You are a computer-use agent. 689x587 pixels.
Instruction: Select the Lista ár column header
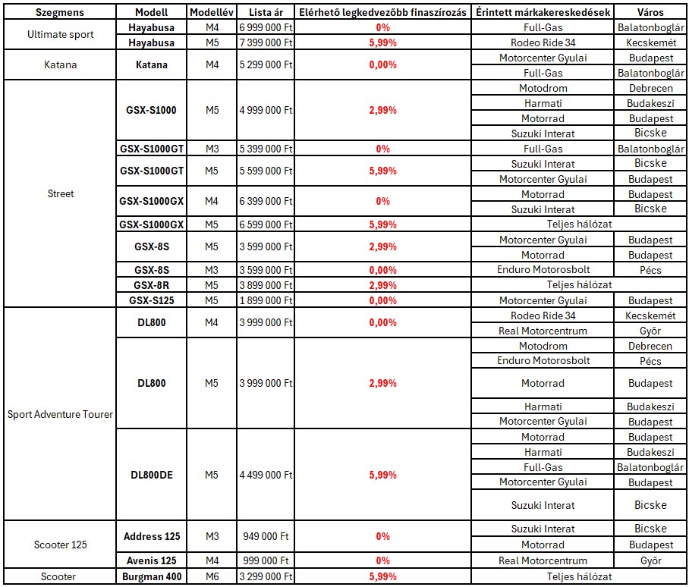[266, 13]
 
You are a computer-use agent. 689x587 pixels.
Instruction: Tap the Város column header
[650, 13]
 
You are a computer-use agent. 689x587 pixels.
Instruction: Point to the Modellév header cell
[211, 13]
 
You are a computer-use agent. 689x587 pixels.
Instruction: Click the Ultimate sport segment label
[61, 35]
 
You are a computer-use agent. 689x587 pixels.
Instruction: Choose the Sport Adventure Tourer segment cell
[61, 414]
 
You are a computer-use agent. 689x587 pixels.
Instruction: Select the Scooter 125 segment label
[61, 545]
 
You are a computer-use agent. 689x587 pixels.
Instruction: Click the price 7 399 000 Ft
[266, 42]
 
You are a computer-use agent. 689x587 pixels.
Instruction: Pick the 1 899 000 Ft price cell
[266, 300]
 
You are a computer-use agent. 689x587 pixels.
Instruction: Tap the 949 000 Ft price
[266, 536]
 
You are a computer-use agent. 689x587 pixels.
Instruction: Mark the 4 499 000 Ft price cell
[266, 475]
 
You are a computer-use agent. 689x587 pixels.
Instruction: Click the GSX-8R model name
[152, 285]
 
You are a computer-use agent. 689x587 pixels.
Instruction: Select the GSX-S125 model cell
[152, 300]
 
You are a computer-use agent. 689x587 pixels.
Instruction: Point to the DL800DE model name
[152, 475]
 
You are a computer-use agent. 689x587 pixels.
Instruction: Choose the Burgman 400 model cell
[152, 577]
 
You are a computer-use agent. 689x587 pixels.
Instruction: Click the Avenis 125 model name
[152, 560]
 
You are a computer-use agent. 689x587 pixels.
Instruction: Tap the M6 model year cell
[211, 577]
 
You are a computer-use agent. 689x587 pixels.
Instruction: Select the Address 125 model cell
[152, 536]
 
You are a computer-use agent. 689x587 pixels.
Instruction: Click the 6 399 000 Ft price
[266, 201]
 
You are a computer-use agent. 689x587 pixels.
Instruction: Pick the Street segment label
[61, 193]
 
